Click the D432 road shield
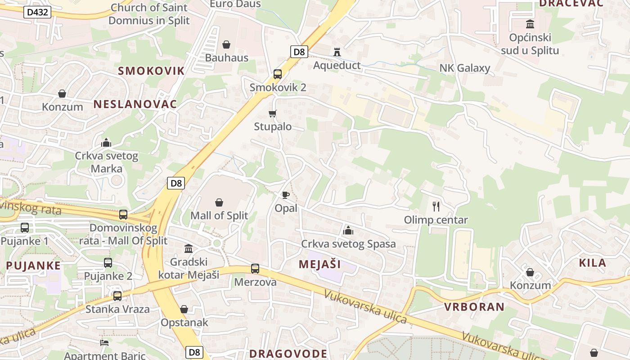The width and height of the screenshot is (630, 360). [x=37, y=12]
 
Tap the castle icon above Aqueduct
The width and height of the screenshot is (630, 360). [x=337, y=52]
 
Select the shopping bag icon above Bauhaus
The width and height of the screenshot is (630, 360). [x=226, y=45]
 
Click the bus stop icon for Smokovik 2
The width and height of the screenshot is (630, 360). [x=278, y=74]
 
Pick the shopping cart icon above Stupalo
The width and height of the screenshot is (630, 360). [x=272, y=113]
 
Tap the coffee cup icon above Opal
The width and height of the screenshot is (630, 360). [x=285, y=195]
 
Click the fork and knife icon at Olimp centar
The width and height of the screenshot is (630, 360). [x=436, y=207]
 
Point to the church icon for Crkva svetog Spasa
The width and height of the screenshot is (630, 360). [x=348, y=231]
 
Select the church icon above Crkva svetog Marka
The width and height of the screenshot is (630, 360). [x=106, y=143]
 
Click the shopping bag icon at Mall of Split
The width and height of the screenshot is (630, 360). [x=219, y=202]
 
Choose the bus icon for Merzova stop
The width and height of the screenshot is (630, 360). [x=255, y=269]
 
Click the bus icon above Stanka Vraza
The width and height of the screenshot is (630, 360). [x=117, y=296]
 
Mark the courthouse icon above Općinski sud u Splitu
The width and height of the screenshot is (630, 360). [x=530, y=24]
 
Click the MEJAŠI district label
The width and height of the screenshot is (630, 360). [x=319, y=264]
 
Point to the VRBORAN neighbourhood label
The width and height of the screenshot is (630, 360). [x=474, y=307]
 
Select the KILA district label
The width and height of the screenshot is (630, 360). [x=592, y=263]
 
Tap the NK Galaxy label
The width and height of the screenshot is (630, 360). [x=465, y=68]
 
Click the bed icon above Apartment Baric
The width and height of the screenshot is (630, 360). [x=104, y=342]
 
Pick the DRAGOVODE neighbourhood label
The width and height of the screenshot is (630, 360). [x=288, y=353]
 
